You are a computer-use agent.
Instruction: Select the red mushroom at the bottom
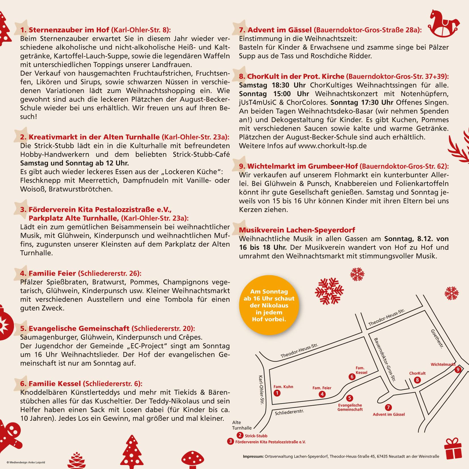pos(193,459)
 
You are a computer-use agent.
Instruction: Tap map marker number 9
pos(457,369)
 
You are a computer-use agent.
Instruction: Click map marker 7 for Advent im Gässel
pos(388,407)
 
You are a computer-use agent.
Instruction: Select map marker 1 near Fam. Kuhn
pos(277,393)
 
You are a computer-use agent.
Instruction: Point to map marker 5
pos(349,398)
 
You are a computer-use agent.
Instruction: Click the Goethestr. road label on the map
pos(437,339)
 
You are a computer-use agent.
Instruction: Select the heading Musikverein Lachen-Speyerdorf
pos(297,230)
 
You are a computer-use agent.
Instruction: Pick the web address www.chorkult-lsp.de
pos(332,146)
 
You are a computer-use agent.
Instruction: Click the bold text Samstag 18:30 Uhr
pos(272,85)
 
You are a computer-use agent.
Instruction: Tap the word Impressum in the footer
pos(253,456)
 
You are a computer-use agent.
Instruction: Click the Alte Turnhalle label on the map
pos(242,425)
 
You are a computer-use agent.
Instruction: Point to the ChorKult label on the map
pos(417,373)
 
